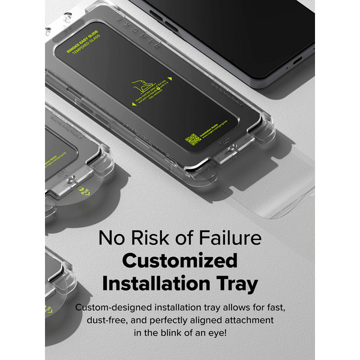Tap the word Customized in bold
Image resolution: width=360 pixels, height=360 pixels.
[x=179, y=260]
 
